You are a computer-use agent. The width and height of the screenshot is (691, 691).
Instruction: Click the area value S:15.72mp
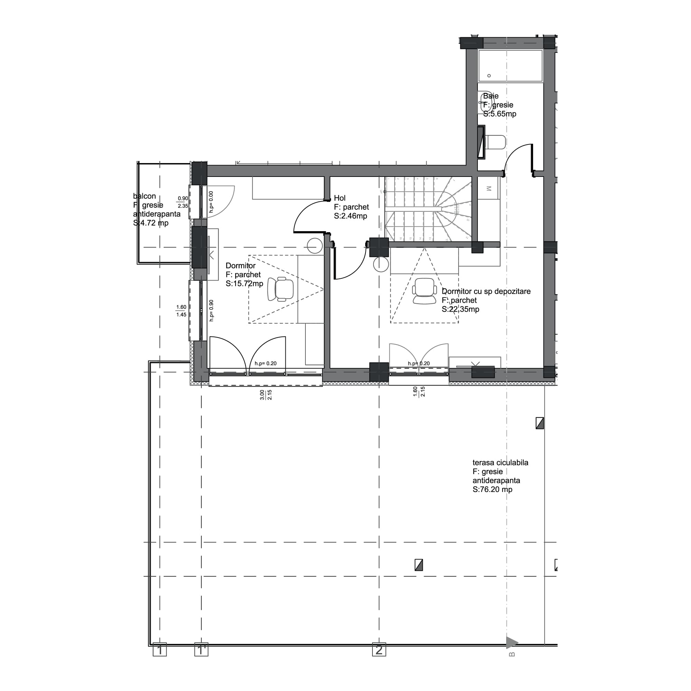pos(244,284)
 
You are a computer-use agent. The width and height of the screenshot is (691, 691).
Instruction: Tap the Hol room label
pos(339,198)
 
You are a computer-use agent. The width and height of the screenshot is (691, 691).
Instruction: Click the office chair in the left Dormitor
pos(281,288)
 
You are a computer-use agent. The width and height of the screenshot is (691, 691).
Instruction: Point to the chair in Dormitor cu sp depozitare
pos(424,291)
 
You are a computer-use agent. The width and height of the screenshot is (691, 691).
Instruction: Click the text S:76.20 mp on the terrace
pos(492,490)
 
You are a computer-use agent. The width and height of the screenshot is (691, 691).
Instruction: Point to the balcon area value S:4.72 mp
pos(151,223)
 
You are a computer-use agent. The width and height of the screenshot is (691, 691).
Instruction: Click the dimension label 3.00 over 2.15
pos(266,395)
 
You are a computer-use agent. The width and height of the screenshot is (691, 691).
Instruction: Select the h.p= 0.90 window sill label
pos(211,311)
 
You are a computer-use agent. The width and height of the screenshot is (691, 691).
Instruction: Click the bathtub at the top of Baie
pos(510,66)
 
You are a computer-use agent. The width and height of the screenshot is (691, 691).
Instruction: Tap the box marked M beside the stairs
pos(489,189)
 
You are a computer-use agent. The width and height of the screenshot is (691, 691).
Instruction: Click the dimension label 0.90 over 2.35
pos(183,202)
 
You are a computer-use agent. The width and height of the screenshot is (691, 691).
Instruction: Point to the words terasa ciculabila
pos(500,463)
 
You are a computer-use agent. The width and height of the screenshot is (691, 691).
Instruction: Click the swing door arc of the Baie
pos(517,156)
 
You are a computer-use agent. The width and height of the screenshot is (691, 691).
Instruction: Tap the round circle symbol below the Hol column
pos(380,265)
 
